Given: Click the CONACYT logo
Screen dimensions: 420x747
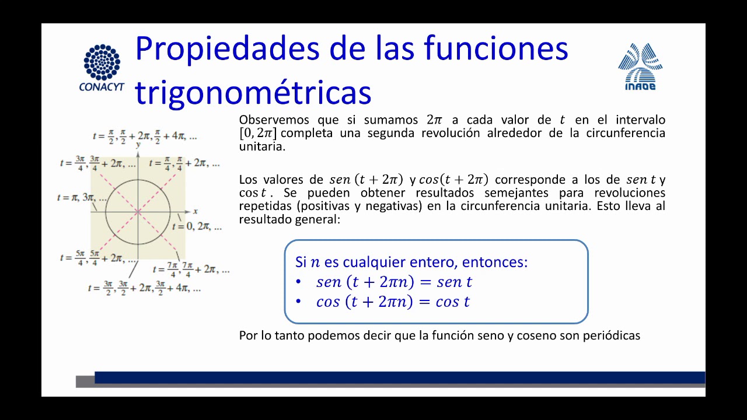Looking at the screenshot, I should (102, 68).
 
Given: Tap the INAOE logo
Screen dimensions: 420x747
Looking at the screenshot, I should (640, 66).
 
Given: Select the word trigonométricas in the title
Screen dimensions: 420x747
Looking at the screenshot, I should (253, 92).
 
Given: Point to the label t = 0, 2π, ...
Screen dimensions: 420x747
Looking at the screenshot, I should (197, 226).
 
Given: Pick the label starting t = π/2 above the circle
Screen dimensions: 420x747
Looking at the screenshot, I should (145, 136).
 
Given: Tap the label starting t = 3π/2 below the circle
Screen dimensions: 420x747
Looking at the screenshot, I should (144, 288).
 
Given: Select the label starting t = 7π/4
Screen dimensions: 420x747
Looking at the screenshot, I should (191, 269).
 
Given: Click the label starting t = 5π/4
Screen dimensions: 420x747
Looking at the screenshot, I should (99, 258).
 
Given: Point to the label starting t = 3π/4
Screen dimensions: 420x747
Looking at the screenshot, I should (98, 163).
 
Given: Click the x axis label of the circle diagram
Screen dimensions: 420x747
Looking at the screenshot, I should (196, 211).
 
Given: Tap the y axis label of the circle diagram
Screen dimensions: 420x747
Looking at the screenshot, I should (138, 144).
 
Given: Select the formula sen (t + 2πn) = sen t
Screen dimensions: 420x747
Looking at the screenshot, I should (394, 282).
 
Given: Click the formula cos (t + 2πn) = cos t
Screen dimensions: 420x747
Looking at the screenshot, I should (393, 302).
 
